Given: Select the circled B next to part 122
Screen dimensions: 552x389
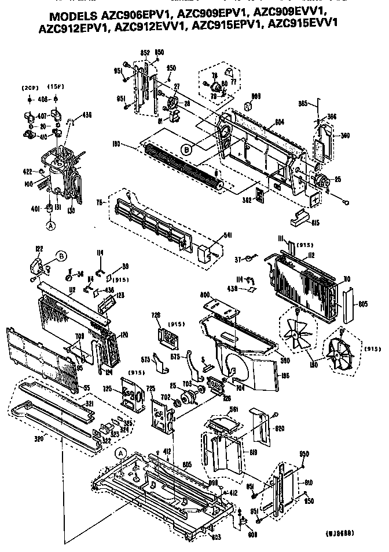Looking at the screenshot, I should point(61,255).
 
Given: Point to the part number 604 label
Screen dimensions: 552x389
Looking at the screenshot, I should point(279,123).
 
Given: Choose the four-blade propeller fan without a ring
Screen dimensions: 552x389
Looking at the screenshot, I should point(297,331).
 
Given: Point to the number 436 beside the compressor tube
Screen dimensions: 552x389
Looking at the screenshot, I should point(86,114).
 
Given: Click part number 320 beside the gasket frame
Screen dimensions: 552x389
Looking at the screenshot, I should point(22,438).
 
